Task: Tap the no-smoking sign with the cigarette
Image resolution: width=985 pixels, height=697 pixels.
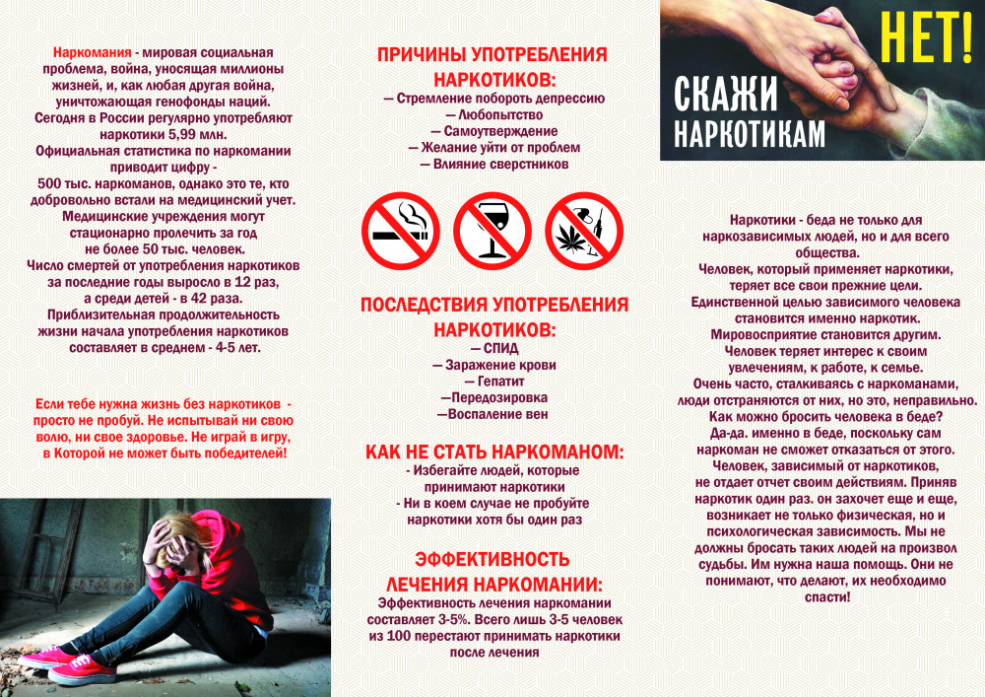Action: tap(400, 231)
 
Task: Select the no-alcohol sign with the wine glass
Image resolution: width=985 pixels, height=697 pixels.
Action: tap(492, 231)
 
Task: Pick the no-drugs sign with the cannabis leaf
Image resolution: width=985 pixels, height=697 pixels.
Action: tap(583, 231)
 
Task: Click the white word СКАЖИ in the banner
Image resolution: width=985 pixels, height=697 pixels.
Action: tap(726, 95)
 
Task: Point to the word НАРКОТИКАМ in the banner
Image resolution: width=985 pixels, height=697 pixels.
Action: tap(750, 134)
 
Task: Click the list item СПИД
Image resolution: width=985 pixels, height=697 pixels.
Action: tap(495, 348)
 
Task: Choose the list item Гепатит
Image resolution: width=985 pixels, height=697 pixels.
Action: tap(495, 381)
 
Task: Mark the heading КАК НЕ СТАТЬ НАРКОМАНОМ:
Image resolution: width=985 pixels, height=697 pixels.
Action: tap(494, 452)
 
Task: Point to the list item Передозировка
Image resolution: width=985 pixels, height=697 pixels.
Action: tap(495, 397)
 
